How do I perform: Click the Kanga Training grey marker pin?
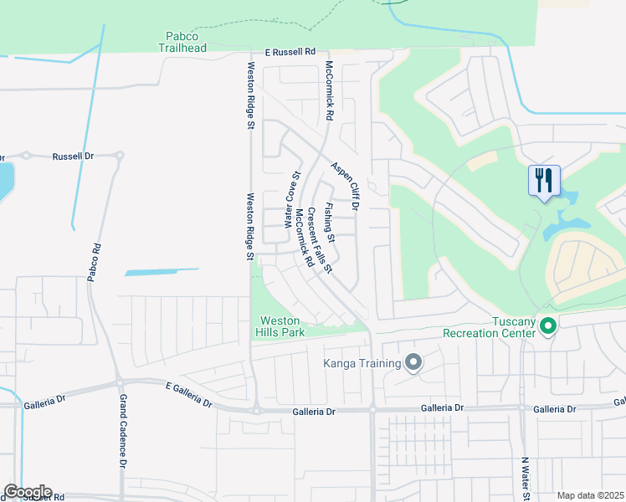click(x=413, y=362)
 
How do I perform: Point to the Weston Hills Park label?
click(x=279, y=326)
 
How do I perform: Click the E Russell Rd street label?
click(x=290, y=51)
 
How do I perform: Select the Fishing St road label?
click(x=330, y=223)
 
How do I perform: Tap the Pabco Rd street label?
click(x=97, y=261)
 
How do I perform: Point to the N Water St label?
click(x=526, y=479)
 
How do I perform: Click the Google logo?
click(x=28, y=492)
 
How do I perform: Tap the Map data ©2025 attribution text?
click(x=590, y=495)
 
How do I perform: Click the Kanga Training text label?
click(x=362, y=362)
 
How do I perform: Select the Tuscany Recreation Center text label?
click(x=490, y=327)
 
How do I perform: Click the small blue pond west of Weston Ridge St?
click(x=162, y=272)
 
